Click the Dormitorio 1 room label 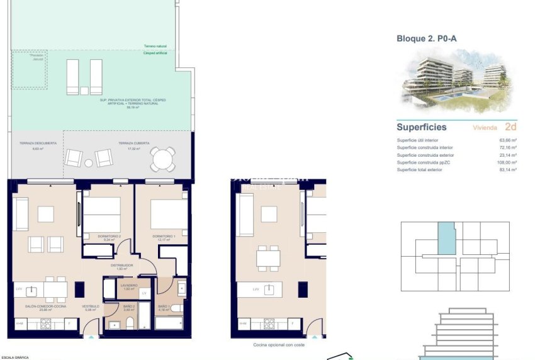162,237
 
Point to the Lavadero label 128,286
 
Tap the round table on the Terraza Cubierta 163,158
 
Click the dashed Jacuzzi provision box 29,69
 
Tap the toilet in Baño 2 130,324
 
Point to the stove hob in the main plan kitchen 46,324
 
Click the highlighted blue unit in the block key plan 446,239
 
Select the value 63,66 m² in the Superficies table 507,140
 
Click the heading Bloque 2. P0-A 426,38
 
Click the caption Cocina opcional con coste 278,345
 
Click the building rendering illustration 457,79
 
